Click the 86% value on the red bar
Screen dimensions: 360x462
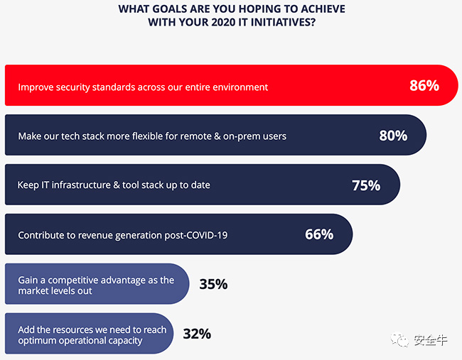click(424, 86)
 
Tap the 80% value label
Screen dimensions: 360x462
click(393, 135)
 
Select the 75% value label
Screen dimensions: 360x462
click(366, 185)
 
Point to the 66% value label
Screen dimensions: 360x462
click(319, 234)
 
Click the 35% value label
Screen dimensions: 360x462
click(213, 284)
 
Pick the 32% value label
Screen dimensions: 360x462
click(196, 334)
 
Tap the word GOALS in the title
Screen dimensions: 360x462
click(172, 9)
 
